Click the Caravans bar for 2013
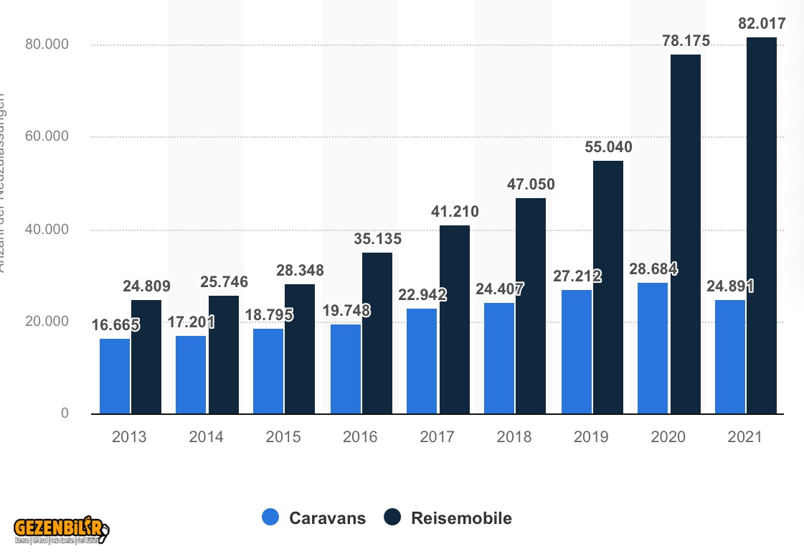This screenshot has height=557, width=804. click(x=115, y=376)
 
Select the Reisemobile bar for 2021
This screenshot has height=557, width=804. click(x=762, y=225)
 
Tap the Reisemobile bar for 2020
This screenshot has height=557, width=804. click(x=685, y=234)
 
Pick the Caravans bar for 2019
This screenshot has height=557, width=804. click(x=577, y=352)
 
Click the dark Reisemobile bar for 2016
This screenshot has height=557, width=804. click(x=377, y=333)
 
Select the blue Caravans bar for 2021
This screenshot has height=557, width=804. click(x=730, y=357)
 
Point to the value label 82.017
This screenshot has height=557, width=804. click(x=762, y=24)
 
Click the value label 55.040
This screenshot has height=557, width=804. click(x=608, y=147)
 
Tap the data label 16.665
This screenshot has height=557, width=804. click(x=115, y=324)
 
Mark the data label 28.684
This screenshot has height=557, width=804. click(x=653, y=269)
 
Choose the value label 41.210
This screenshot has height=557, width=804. click(x=454, y=212)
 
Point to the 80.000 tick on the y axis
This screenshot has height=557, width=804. click(x=49, y=45)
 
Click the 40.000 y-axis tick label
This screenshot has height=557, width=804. click(x=49, y=230)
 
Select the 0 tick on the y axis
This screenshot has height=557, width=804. click(x=65, y=413)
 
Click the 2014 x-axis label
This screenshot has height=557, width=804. click(x=207, y=436)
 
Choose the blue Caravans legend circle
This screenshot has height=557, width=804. click(x=270, y=518)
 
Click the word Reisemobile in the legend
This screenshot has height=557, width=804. click(x=461, y=518)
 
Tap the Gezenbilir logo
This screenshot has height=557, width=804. click(x=61, y=530)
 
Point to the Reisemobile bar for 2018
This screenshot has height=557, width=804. click(x=531, y=306)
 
